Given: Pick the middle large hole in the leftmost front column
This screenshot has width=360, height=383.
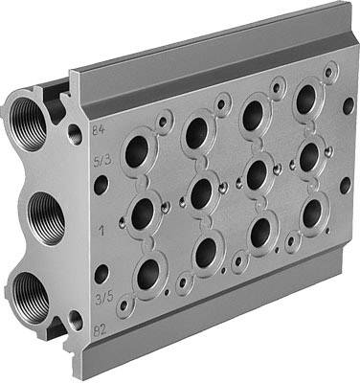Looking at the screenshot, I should click(x=143, y=212).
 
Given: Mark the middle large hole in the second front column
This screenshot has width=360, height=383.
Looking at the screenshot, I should click(x=201, y=192).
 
